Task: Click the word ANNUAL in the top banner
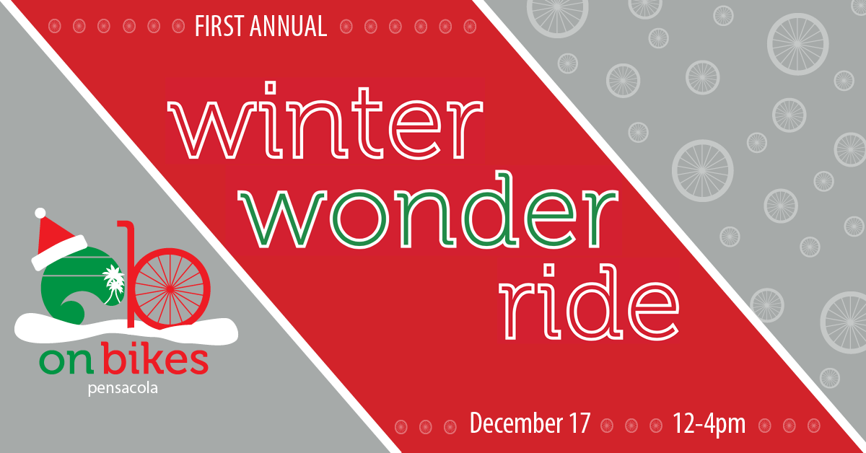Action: pos(289,26)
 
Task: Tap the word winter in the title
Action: pos(325,120)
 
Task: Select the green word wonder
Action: pos(427,211)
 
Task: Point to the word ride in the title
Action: pos(588,302)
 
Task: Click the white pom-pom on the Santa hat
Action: pos(40,213)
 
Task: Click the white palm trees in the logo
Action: pos(114,283)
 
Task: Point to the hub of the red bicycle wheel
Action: pos(169,288)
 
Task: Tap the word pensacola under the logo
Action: pos(123,388)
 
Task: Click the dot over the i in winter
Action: pos(272,87)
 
